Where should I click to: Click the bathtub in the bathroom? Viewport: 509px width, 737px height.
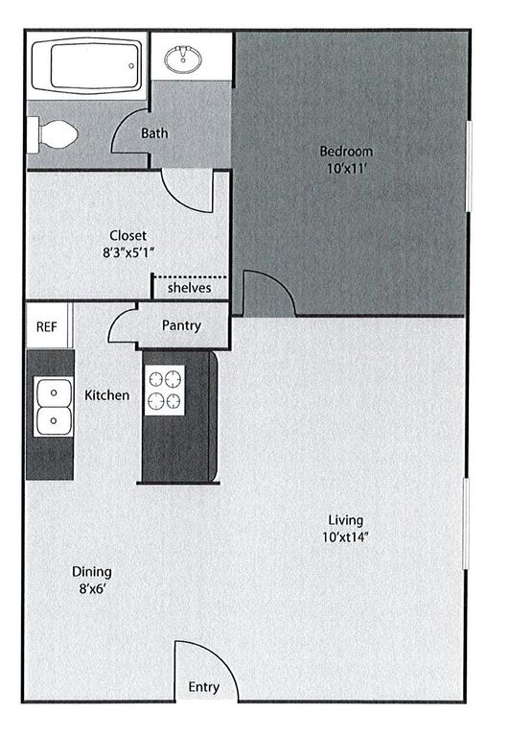(x=87, y=65)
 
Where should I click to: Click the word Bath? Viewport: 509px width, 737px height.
(x=154, y=133)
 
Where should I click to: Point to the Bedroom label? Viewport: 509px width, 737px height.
(x=346, y=152)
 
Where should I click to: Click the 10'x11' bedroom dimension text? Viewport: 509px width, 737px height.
(x=346, y=169)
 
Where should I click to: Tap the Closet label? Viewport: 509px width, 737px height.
(x=127, y=235)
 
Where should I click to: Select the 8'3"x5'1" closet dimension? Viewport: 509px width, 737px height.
(x=127, y=253)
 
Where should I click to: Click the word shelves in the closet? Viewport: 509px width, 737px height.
(x=189, y=288)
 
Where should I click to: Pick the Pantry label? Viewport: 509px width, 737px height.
(x=181, y=325)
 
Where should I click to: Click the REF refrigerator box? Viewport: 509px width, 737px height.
(x=47, y=326)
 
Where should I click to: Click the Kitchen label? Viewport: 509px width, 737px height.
(x=106, y=394)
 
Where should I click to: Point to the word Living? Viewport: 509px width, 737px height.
(x=344, y=520)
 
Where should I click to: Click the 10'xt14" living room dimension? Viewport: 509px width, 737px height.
(x=344, y=537)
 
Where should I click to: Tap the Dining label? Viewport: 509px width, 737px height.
(x=92, y=572)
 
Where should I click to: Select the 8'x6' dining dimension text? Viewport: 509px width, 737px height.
(x=92, y=590)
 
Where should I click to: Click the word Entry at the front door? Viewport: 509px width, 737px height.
(x=203, y=687)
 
